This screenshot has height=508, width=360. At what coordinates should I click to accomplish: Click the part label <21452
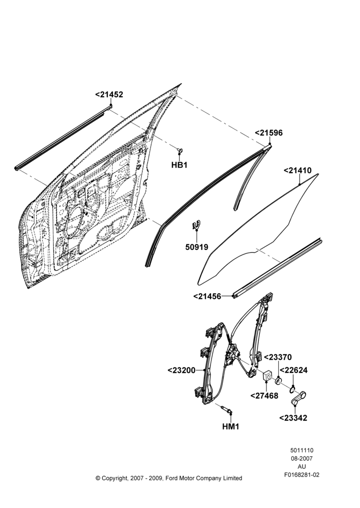point(109,94)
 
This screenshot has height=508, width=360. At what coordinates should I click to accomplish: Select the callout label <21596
point(268,133)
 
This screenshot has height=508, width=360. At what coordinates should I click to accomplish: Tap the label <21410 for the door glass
point(298,170)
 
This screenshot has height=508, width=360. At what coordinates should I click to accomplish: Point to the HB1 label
point(179,165)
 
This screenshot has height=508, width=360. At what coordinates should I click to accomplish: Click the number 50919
point(197,247)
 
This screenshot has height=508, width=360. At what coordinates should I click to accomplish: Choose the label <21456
point(207,297)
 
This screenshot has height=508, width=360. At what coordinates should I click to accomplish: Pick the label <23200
point(182,370)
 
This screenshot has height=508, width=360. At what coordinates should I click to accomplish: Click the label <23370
point(278,357)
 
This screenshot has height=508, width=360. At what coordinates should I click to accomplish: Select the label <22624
point(293,370)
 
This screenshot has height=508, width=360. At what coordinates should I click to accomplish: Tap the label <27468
point(264,396)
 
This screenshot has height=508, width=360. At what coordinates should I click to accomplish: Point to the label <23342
point(293,418)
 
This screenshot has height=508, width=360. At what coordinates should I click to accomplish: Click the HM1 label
point(231,427)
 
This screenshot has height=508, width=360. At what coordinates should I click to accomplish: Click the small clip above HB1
point(179,150)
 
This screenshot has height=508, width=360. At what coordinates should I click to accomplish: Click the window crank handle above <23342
point(298,398)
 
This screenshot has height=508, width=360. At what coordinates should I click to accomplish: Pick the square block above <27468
point(267,376)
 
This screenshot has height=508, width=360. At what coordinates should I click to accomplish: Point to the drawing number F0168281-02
point(302,475)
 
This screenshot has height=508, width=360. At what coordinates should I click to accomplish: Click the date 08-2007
point(302,458)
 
